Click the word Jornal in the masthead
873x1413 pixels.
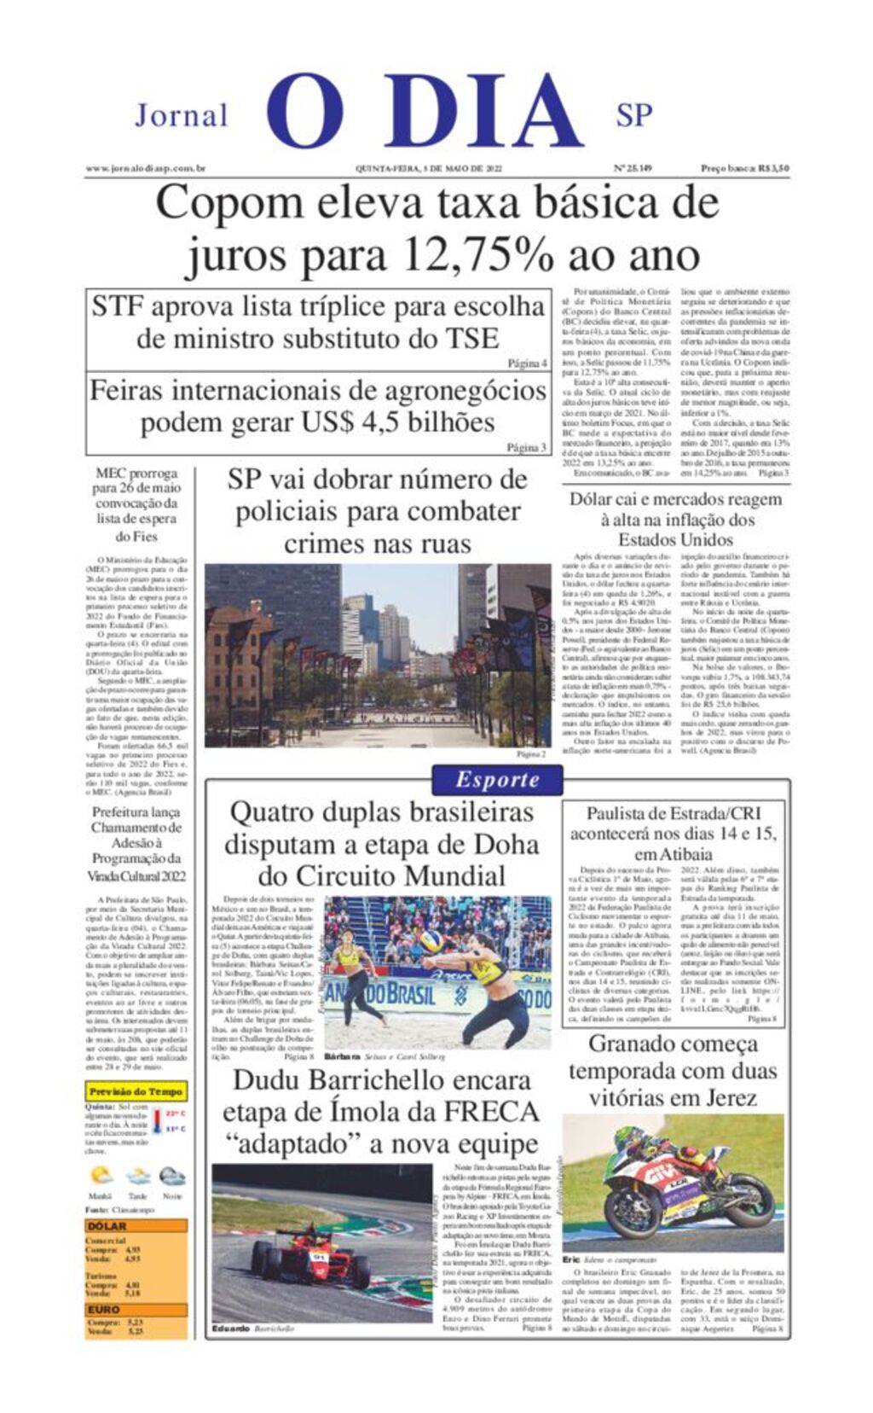pos(181,115)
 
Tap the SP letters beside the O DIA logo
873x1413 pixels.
pos(633,114)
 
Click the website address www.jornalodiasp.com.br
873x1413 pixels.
pos(146,169)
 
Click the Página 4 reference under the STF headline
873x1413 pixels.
pos(527,363)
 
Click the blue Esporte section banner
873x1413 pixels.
pos(497,779)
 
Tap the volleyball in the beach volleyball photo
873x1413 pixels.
pos(431,941)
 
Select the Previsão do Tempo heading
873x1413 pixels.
pos(136,1091)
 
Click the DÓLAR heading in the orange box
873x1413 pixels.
pos(107,1226)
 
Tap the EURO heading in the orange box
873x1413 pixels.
pos(104,1310)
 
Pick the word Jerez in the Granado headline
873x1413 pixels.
pos(720,1097)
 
